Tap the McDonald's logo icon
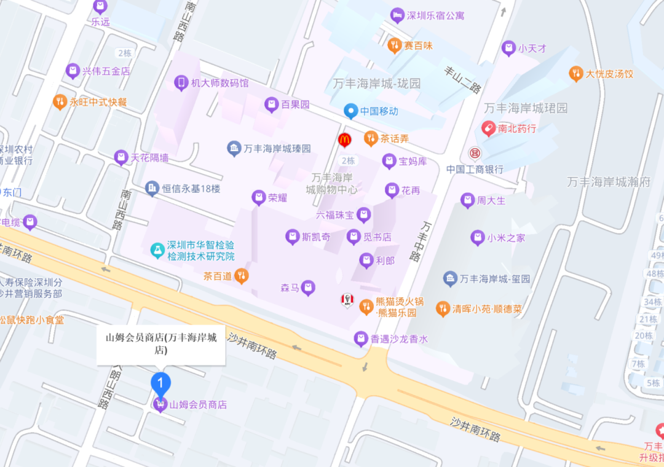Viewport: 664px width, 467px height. point(345,140)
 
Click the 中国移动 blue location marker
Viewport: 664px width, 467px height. point(350,111)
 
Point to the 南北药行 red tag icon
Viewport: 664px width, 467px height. point(488,128)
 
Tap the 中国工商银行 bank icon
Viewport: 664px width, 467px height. point(474,152)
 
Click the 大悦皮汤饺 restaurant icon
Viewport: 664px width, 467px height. point(575,74)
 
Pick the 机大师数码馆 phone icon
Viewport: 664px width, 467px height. point(181,83)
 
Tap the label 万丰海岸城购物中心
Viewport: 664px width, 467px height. point(332,184)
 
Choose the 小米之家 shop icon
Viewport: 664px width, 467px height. point(478,238)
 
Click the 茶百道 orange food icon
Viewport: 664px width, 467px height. point(242,276)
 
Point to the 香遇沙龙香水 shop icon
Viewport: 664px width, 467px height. point(361,339)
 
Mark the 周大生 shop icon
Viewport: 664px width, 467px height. point(468,200)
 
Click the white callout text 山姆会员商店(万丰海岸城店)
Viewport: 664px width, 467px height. point(161,343)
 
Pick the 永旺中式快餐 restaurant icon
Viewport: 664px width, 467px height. point(60,102)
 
